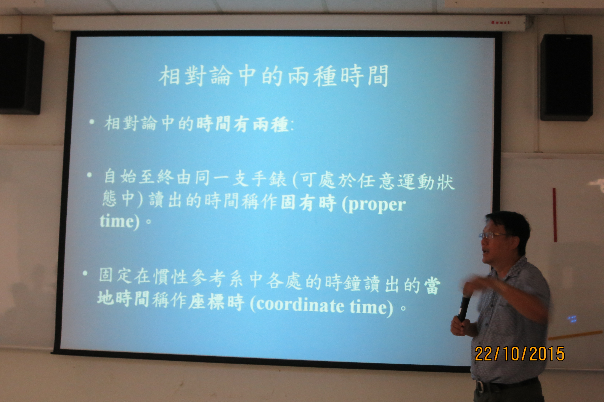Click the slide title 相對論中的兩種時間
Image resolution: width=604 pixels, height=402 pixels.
pos(273,76)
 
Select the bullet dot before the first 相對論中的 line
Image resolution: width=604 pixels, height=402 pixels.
pos(92,122)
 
